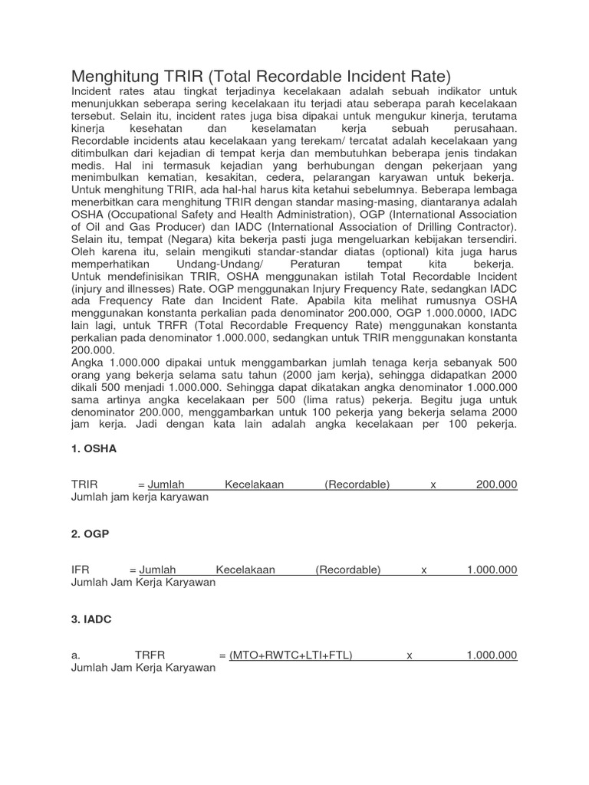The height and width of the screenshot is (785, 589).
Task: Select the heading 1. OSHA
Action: [94, 449]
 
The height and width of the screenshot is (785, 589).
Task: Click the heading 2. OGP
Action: [90, 534]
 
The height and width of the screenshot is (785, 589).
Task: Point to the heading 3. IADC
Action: [91, 619]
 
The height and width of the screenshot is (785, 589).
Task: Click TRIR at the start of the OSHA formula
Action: [85, 484]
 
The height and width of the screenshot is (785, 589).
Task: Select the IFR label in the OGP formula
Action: [79, 570]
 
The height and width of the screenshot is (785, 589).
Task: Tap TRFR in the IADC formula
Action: [151, 655]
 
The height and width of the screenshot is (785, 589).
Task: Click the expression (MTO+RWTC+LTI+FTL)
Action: [291, 655]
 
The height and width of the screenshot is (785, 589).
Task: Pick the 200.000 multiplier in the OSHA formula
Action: [496, 484]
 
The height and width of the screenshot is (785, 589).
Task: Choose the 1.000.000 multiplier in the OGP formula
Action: [492, 570]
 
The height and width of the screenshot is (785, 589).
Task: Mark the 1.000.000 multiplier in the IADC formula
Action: [492, 655]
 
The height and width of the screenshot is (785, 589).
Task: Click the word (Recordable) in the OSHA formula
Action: [357, 484]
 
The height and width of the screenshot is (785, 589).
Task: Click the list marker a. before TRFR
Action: [75, 655]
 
